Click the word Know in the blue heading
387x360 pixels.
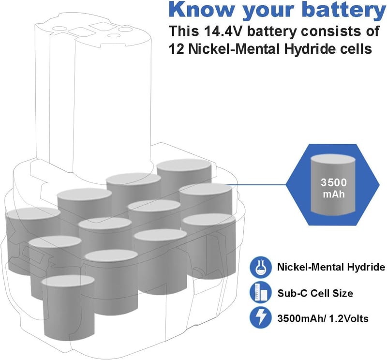[201, 9]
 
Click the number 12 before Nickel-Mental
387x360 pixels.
[176, 49]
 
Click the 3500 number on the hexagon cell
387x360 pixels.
[334, 182]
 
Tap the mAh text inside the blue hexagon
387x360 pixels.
[334, 194]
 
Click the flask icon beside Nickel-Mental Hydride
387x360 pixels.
[259, 268]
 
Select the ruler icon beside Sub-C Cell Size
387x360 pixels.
[259, 293]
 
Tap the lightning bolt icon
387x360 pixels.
[259, 318]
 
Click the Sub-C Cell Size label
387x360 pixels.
[315, 293]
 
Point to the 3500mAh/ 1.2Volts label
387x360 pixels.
[323, 318]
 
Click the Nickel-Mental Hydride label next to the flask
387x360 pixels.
[331, 268]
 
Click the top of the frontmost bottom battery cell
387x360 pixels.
[68, 282]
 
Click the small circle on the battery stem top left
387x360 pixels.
[57, 29]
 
